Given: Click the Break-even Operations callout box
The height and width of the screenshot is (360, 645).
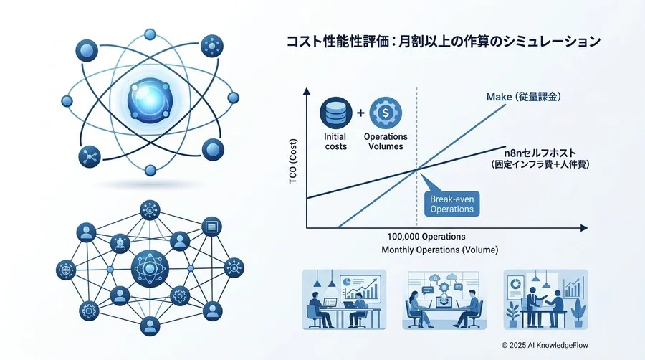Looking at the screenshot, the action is pos(451,204).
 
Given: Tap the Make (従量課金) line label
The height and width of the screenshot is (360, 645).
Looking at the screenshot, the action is pos(523,97).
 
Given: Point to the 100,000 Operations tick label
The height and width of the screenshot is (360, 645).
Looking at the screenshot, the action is pos(426,237).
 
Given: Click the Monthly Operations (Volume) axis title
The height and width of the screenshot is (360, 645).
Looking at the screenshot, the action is pos(440,250).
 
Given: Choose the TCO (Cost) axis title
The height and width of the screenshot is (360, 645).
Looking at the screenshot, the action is pos(293,161).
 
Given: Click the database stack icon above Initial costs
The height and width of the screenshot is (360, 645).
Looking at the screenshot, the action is pos(335,113).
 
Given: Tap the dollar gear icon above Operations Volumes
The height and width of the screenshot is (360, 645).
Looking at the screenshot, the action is pos(386,113).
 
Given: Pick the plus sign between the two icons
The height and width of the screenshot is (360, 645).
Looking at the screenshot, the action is pos(360,113).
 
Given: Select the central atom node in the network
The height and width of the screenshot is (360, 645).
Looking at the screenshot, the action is pos(150,269).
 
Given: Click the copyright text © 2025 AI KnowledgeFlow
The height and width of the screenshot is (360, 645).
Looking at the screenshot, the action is pos(545,345).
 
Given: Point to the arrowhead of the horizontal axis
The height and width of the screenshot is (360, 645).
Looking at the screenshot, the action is pos(583,228).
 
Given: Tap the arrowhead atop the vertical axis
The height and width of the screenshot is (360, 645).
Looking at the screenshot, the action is pos(307,91).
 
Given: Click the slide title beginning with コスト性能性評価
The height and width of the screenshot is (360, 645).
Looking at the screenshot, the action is pos(444,42).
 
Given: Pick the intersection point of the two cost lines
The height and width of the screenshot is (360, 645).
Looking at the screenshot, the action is pos(417,169).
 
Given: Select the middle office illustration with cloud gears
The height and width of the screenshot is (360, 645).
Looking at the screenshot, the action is pos(444,300).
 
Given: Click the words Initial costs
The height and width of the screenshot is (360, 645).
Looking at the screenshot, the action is pos(335,141).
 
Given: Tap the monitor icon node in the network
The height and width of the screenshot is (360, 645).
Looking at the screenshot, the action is pos(212,227).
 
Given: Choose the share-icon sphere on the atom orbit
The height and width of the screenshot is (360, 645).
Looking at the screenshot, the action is pos(90,157).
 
